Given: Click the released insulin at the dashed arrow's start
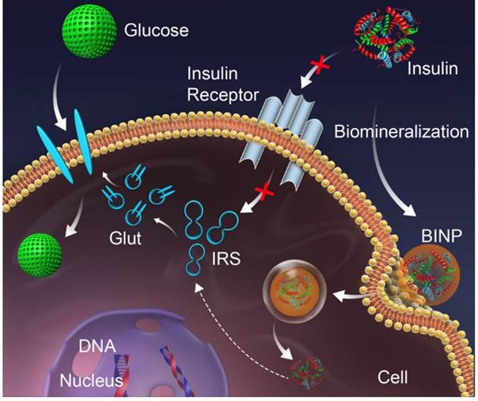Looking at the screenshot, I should click(302, 366).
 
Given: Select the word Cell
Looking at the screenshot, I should click(392, 377).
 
